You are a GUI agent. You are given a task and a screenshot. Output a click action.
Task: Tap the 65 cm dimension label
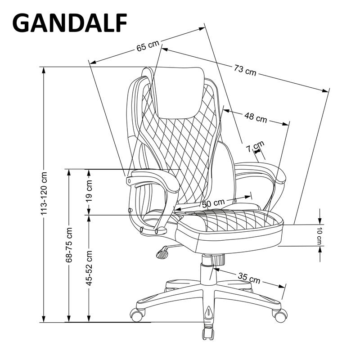pos(148,45)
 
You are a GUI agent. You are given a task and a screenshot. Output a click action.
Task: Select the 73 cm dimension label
pos(245,69)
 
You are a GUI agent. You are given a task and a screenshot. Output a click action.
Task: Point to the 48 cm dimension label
pos(256,117)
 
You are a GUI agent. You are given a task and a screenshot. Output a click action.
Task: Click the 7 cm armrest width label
pos(258,146)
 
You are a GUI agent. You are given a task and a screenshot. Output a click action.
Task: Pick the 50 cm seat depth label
pos(213,203)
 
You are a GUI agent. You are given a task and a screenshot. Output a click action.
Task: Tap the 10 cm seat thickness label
pos(319,235)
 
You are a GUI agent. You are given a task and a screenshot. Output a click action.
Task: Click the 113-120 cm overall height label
pos(44,193)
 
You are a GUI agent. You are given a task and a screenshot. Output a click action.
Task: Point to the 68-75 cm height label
pos(69,245)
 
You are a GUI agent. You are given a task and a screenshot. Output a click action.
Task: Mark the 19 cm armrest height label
pos(89,190)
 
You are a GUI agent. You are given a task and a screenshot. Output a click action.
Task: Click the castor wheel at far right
pos(280,316)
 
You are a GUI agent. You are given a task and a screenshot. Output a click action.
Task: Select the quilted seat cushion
pos(229,220)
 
